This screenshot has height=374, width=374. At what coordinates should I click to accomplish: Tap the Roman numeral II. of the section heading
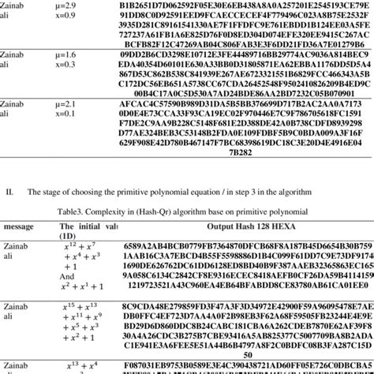[9, 192]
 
